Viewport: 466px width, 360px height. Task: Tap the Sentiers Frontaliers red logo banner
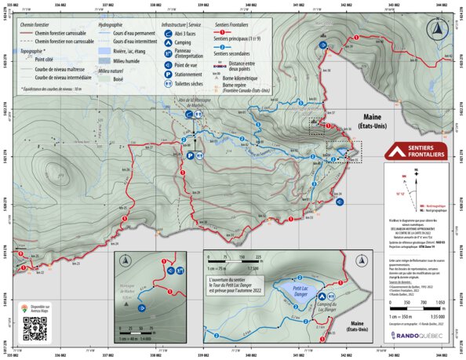413,151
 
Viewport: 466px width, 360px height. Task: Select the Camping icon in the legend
169,45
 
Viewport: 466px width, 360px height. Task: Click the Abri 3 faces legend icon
169,36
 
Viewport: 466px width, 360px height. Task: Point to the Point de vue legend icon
169,65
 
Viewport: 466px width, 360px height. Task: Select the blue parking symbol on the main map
190,156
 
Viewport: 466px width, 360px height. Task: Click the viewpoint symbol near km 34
339,202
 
